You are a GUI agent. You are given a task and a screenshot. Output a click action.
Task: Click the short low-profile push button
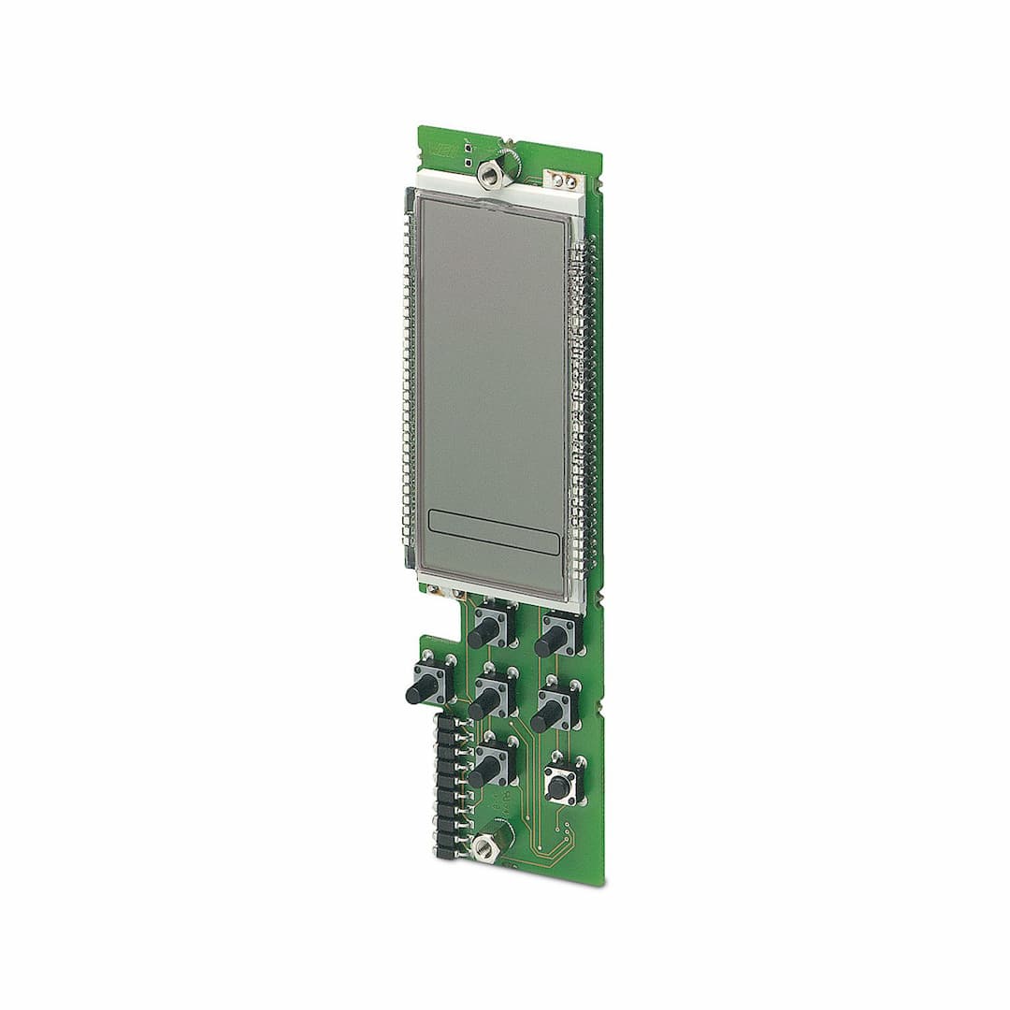point(561,784)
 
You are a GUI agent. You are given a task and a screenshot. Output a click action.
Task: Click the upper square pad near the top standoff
point(467,148)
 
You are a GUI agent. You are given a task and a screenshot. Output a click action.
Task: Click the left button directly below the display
point(485,631)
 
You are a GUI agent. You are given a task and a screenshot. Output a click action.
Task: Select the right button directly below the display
point(553,640)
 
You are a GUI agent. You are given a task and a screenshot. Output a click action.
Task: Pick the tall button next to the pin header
point(485,769)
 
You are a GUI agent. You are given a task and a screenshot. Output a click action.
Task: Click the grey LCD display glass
point(491,374)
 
